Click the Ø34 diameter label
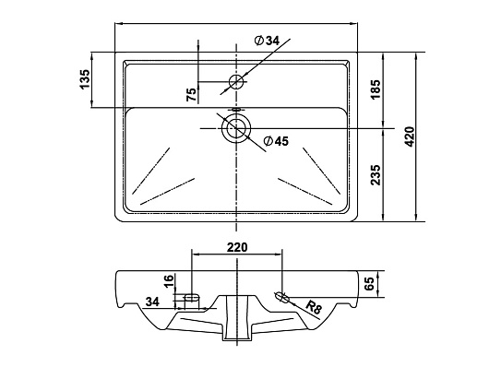pyautogui.click(x=267, y=41)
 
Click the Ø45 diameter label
pyautogui.click(x=276, y=141)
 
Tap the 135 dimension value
pyautogui.click(x=85, y=79)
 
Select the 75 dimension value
pyautogui.click(x=192, y=94)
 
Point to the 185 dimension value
pyautogui.click(x=376, y=89)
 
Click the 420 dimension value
pyautogui.click(x=410, y=136)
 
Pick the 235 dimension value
pyautogui.click(x=376, y=175)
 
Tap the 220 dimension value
pyautogui.click(x=237, y=247)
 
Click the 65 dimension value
pyautogui.click(x=369, y=284)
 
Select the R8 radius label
pyautogui.click(x=314, y=307)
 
